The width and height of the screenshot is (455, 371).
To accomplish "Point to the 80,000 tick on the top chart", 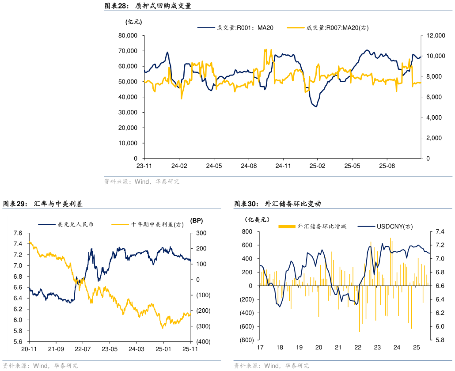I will point(128,35).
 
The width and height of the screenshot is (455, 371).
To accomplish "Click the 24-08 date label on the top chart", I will point(248,166).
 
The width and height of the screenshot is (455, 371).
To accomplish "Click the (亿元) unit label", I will point(134,22).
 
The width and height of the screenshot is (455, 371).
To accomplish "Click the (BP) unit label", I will point(196,220).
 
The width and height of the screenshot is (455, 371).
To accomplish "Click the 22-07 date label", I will point(83,349).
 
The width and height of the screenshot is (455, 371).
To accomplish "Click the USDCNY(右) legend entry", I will point(394,226).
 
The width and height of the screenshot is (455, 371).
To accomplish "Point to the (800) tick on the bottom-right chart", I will point(246,341).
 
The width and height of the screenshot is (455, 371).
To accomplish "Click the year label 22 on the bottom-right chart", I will point(358,348).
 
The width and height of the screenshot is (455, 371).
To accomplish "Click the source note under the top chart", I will point(141,182).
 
